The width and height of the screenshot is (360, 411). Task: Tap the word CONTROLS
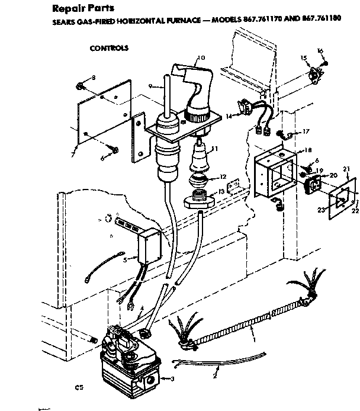(x=109, y=47)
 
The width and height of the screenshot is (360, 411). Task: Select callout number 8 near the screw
(x=93, y=78)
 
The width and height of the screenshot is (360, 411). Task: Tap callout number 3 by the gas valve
(x=173, y=378)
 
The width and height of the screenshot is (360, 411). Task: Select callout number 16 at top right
(x=321, y=52)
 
